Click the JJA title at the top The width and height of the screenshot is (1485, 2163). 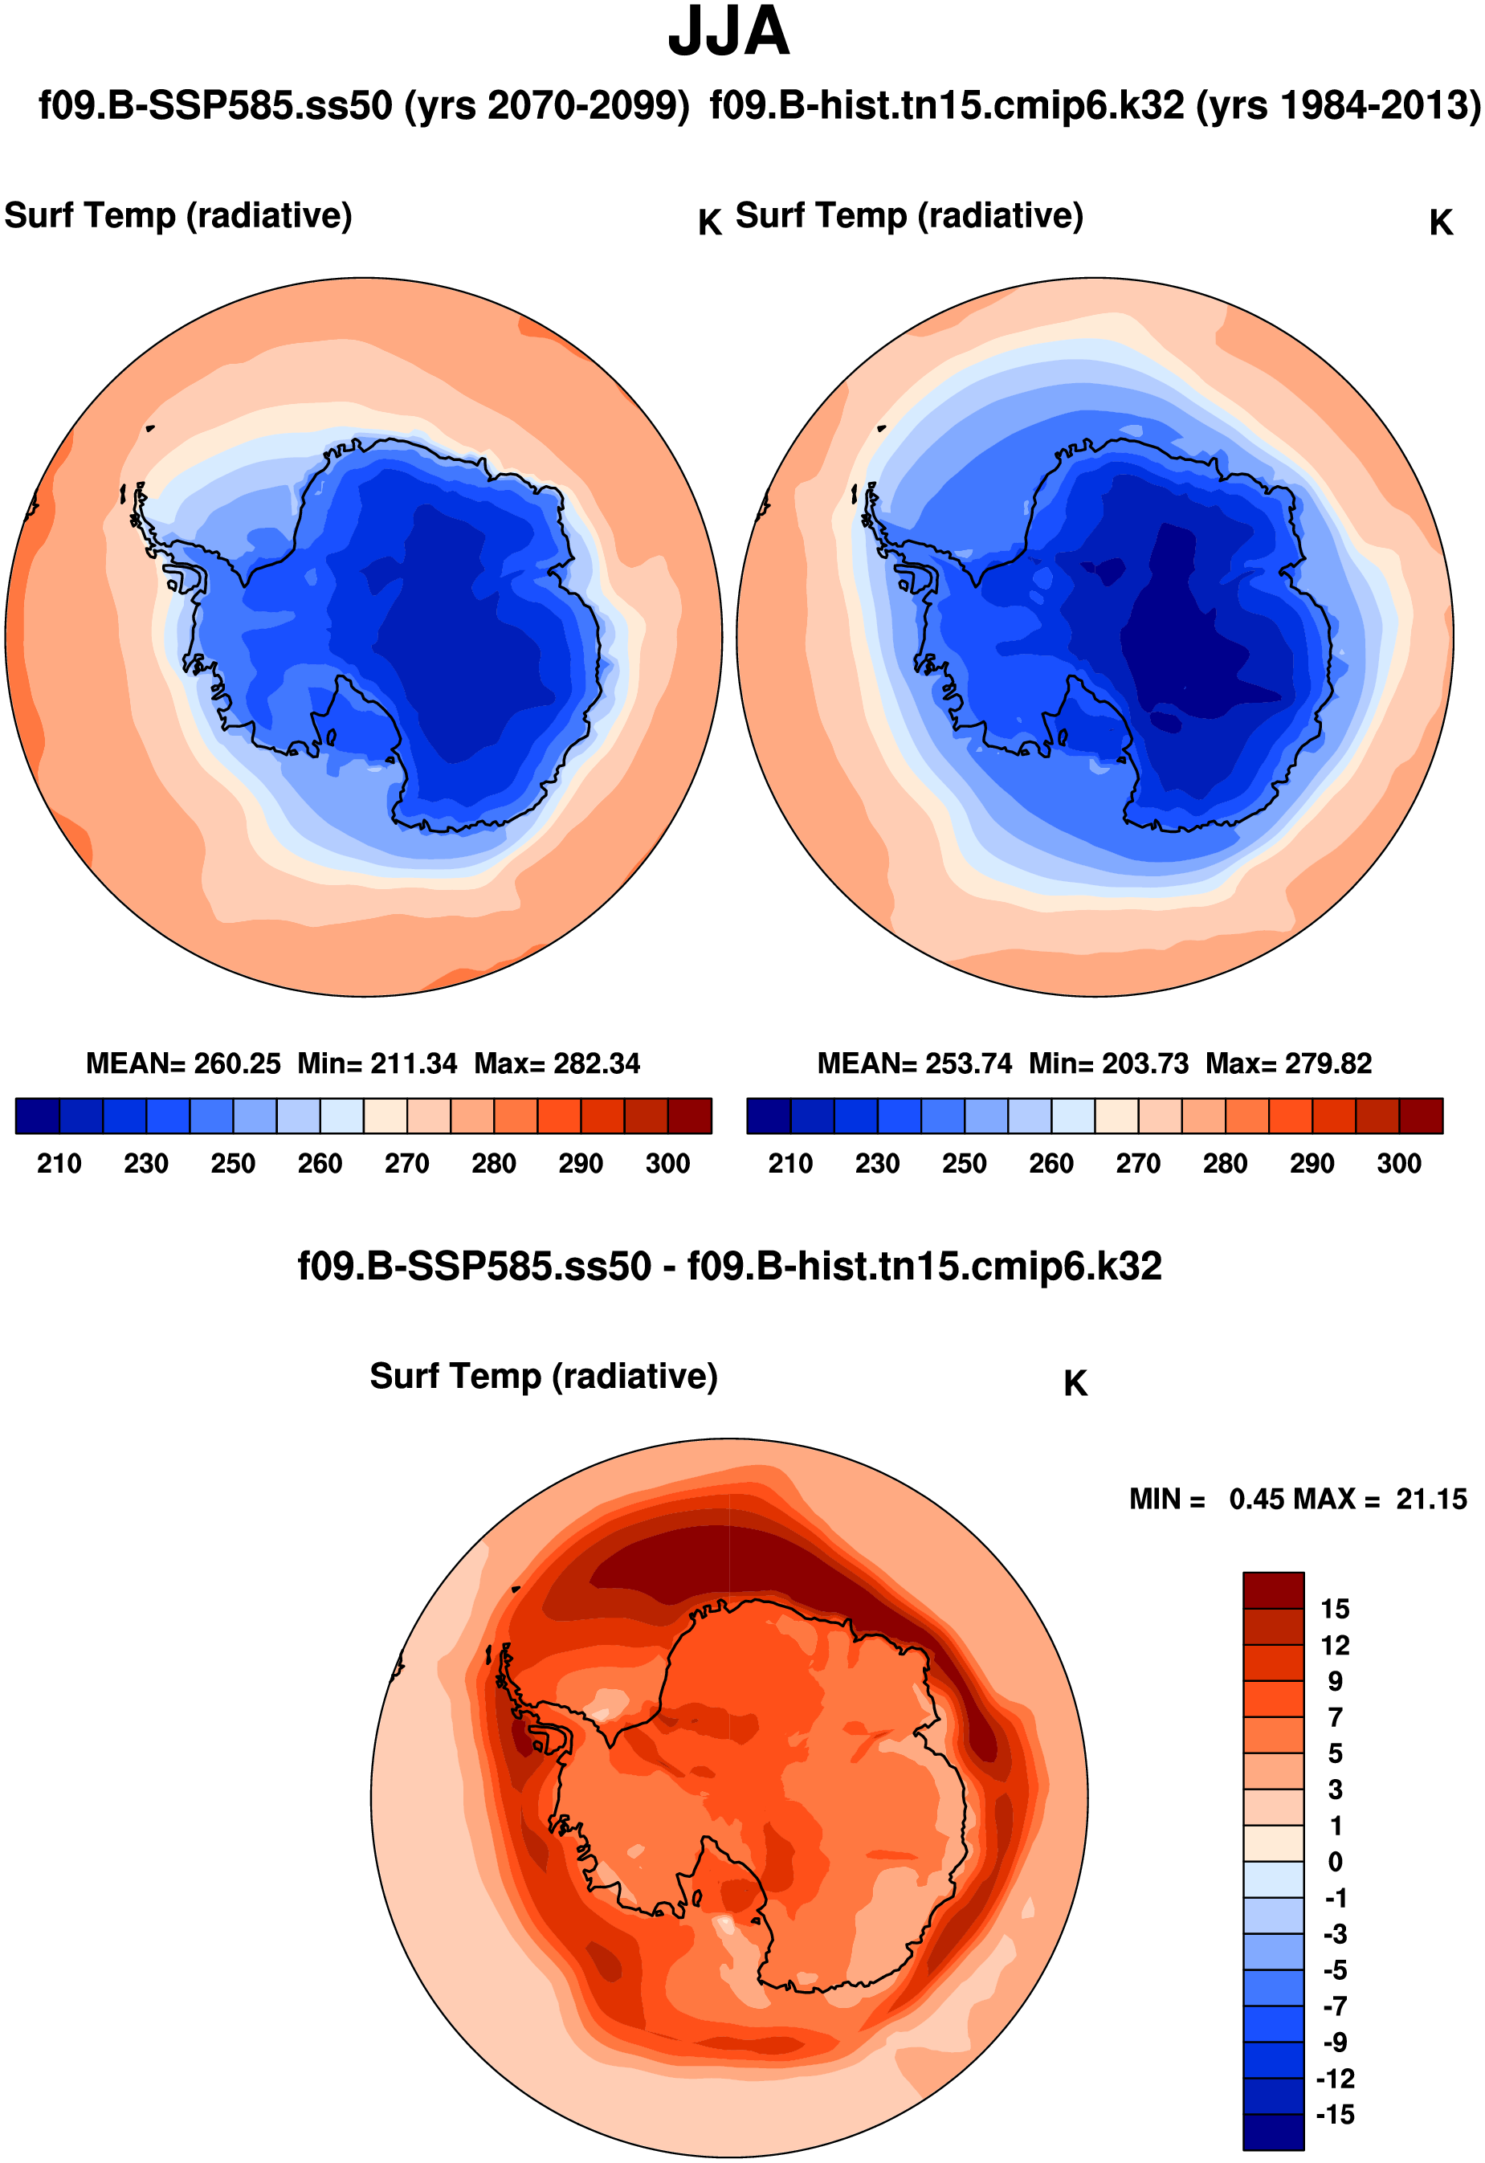[728, 33]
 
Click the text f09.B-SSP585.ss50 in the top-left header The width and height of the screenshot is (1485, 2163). [215, 106]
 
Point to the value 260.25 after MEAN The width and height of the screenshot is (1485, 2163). [236, 1063]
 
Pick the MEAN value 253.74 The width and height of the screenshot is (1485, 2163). [968, 1063]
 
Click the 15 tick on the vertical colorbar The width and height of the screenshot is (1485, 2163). [1334, 1610]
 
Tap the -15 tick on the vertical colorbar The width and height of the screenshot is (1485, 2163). [1334, 2115]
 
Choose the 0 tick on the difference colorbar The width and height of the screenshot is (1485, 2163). [1334, 1863]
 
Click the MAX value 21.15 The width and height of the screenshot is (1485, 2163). [1430, 1500]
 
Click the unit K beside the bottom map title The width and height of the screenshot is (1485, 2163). [1075, 1384]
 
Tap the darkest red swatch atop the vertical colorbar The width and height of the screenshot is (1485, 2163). [1273, 1590]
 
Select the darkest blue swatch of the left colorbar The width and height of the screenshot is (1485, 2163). [37, 1116]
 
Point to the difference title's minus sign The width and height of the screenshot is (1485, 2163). [669, 1268]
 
